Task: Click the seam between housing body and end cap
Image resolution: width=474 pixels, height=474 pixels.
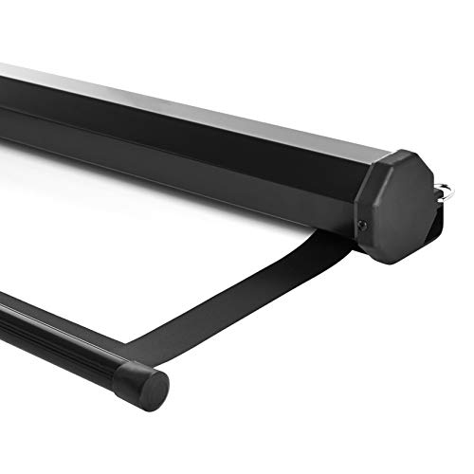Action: click(x=364, y=190)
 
